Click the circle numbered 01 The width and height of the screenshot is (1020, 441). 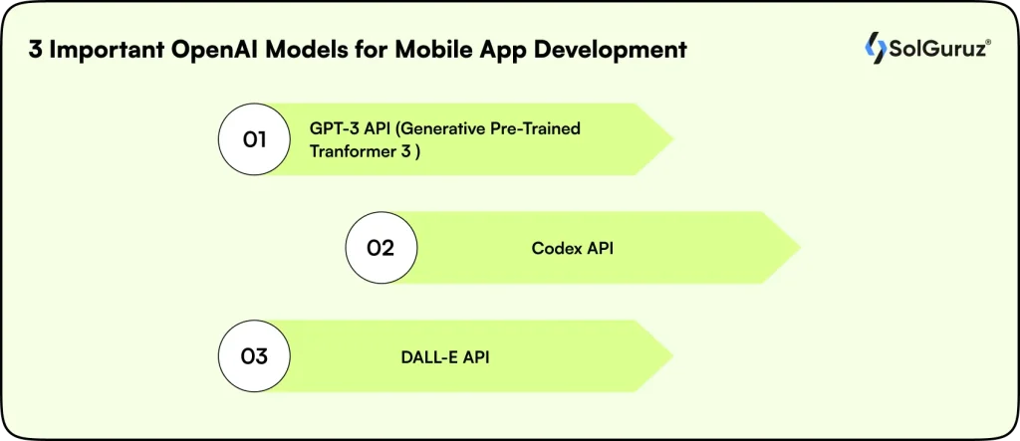(254, 139)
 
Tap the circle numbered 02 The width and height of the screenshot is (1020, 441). (382, 248)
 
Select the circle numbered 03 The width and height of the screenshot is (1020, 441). (254, 355)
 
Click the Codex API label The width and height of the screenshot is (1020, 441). (572, 249)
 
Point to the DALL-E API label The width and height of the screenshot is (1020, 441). (438, 355)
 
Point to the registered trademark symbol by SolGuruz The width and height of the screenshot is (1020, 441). (985, 40)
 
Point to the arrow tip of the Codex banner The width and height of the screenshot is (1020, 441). (792, 248)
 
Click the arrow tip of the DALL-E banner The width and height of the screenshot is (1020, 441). (665, 355)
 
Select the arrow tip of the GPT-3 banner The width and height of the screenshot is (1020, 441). (665, 139)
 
